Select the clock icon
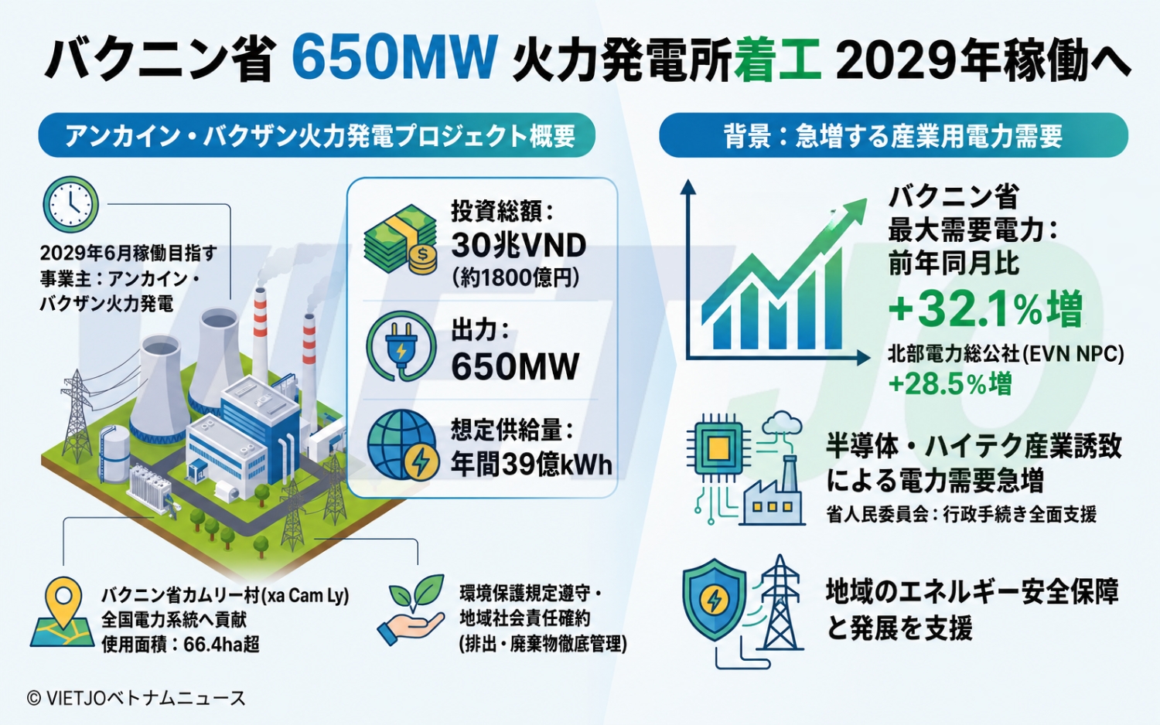pos(70,204)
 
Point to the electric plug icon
pos(401,345)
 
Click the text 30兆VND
pos(518,245)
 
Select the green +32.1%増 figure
pos(985,309)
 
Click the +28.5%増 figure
pos(950,384)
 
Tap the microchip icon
pos(717,446)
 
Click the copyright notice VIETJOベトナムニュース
pos(136,698)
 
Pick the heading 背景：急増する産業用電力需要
pos(892,136)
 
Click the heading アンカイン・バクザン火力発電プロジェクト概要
pos(319,135)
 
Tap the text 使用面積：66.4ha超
pos(181,645)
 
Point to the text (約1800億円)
pos(516,279)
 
